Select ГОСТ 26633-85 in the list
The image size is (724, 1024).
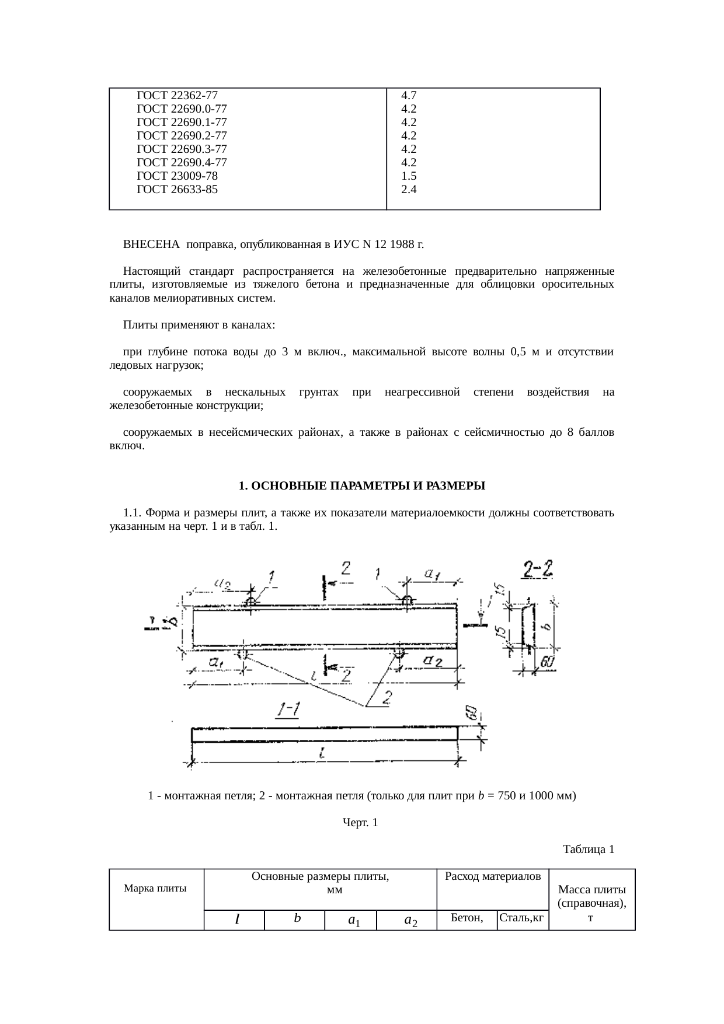(x=177, y=189)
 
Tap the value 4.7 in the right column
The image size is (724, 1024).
(x=409, y=95)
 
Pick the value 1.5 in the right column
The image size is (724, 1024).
(x=409, y=176)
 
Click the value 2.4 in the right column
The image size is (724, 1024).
(x=409, y=189)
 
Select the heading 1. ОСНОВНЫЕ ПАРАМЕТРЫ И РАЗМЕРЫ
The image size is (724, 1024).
(x=362, y=486)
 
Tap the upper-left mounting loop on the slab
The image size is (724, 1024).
(x=251, y=602)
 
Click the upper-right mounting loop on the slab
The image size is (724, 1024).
(x=407, y=600)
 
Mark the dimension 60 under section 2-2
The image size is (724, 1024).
(x=547, y=662)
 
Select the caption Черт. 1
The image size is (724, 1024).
(x=360, y=823)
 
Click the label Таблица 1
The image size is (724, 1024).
(x=588, y=850)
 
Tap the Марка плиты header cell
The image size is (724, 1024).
(x=155, y=889)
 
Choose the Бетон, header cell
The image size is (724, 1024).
(x=467, y=918)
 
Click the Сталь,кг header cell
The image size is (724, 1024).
(x=522, y=918)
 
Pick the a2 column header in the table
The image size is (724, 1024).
(x=410, y=920)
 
